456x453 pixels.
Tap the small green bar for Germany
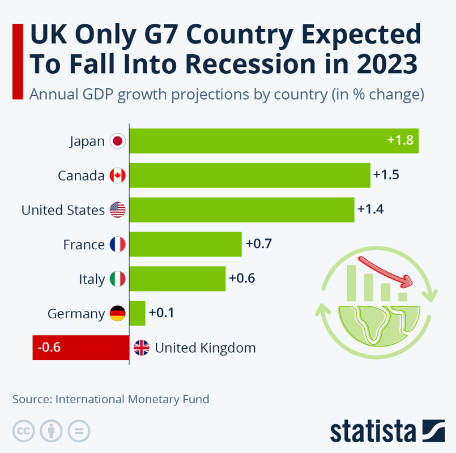pyautogui.click(x=138, y=313)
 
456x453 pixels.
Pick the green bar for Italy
pyautogui.click(x=178, y=279)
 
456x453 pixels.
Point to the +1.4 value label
pyautogui.click(x=370, y=209)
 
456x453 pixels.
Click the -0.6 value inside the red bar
pyautogui.click(x=48, y=347)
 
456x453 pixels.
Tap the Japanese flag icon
pyautogui.click(x=117, y=141)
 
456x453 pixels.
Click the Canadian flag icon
pyautogui.click(x=117, y=176)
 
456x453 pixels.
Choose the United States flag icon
pyautogui.click(x=117, y=210)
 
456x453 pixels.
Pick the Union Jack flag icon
pyautogui.click(x=141, y=348)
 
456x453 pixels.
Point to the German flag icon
pyautogui.click(x=117, y=313)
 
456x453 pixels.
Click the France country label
pyautogui.click(x=84, y=245)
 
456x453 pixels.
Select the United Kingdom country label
pyautogui.click(x=205, y=348)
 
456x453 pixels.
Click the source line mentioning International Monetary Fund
pyautogui.click(x=111, y=399)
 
